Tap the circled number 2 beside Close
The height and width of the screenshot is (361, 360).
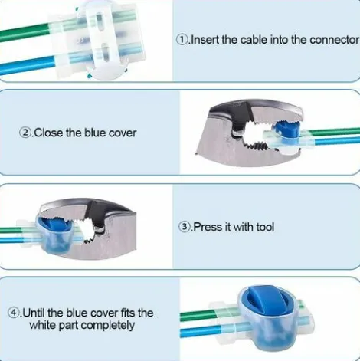click(25, 133)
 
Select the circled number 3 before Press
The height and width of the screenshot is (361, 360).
click(184, 227)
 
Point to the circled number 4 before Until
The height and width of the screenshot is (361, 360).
click(14, 313)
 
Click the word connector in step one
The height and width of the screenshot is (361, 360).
click(334, 40)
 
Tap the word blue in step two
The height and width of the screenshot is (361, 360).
click(95, 133)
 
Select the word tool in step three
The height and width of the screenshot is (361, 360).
click(265, 227)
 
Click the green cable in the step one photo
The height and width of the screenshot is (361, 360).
click(25, 32)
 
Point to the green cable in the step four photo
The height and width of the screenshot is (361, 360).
click(197, 316)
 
